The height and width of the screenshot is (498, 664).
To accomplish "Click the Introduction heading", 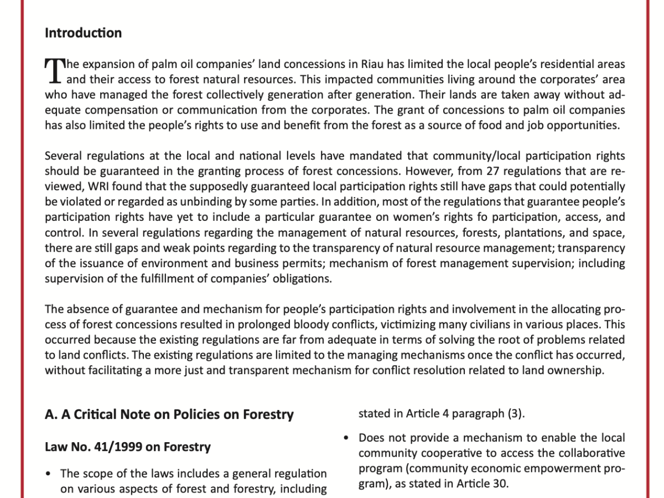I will click(x=83, y=33).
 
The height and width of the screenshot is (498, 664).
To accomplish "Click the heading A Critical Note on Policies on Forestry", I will click(x=169, y=414).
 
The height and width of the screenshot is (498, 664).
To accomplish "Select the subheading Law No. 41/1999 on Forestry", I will click(x=127, y=447).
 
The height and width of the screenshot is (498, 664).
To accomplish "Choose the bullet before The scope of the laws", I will click(x=50, y=474).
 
